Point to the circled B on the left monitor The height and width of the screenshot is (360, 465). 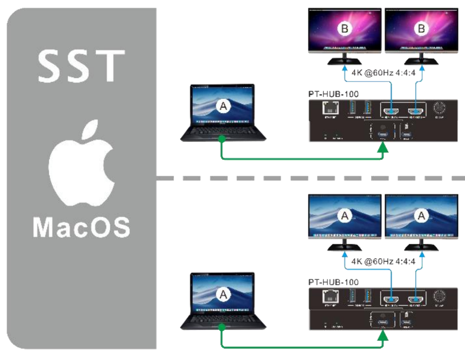344,27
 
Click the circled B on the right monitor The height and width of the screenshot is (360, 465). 420,27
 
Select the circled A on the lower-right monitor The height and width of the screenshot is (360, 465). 420,215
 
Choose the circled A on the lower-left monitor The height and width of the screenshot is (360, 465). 344,215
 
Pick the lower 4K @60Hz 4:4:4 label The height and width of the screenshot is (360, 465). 380,261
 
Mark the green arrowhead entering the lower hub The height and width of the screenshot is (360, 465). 384,337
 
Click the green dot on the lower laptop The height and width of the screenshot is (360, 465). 223,327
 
